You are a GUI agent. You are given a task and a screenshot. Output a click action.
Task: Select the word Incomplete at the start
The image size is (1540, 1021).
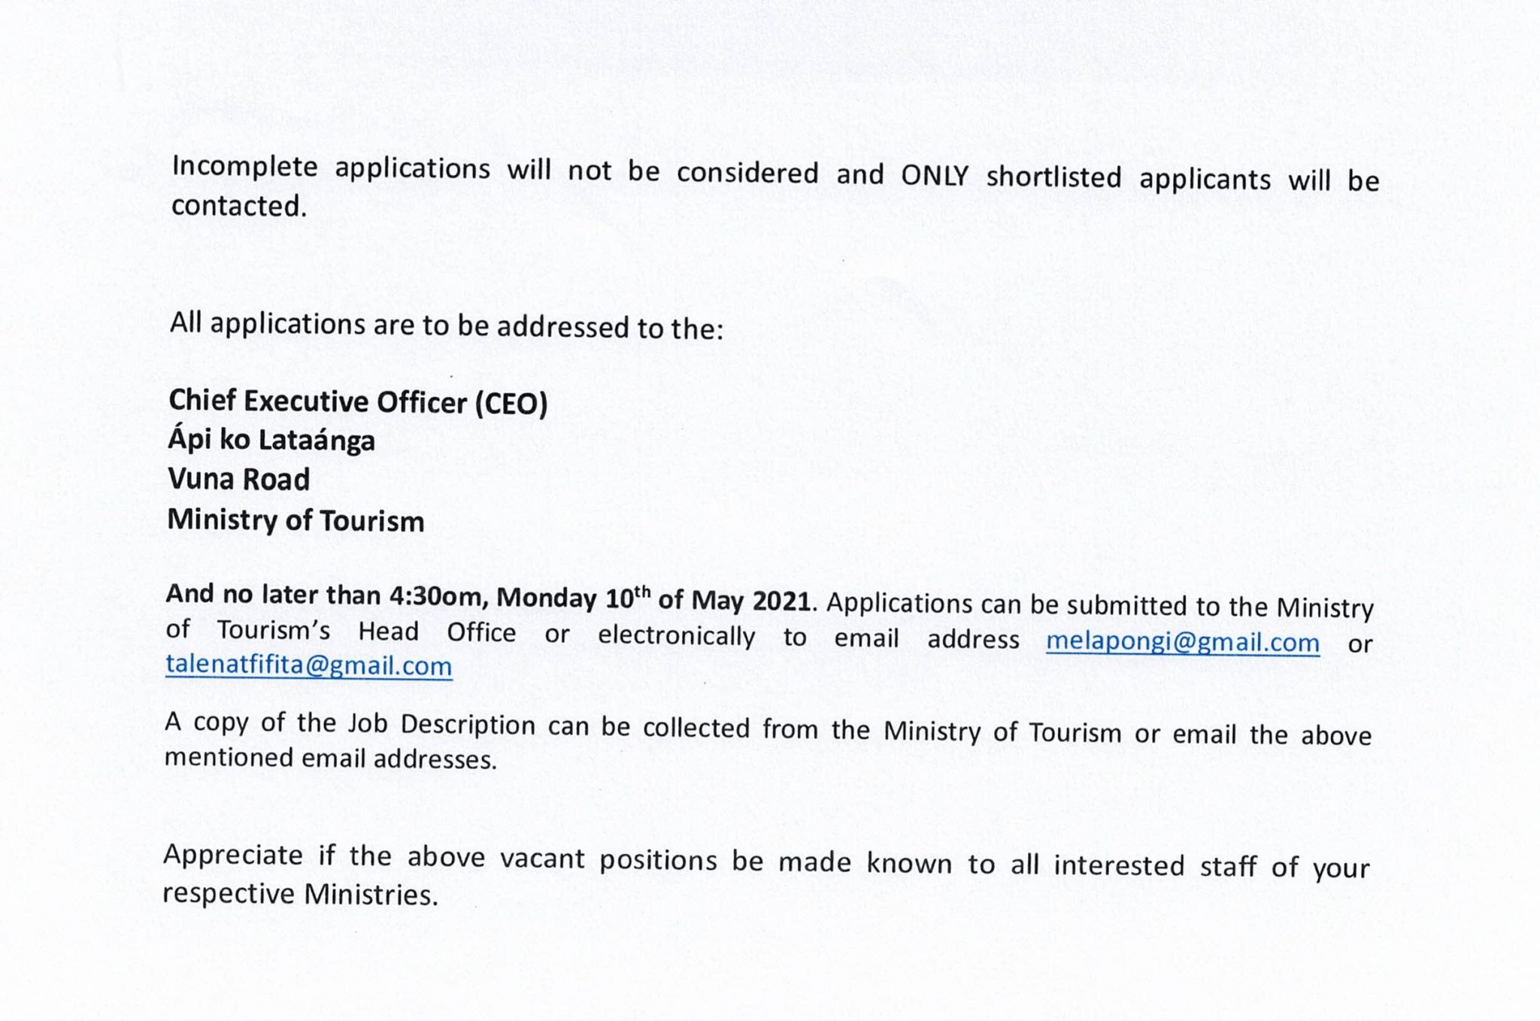pos(244,167)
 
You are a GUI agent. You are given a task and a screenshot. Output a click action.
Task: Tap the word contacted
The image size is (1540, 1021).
pos(239,206)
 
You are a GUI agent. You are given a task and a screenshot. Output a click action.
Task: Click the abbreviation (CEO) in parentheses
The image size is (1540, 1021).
pos(511,404)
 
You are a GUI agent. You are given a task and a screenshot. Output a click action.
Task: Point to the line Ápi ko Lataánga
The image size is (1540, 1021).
pos(271,440)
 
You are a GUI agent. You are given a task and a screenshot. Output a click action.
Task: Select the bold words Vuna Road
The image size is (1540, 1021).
pos(239,479)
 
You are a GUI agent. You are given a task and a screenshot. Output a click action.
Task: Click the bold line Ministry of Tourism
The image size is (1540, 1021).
pos(296,520)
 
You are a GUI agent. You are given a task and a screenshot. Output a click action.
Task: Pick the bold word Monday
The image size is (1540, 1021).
pos(547,598)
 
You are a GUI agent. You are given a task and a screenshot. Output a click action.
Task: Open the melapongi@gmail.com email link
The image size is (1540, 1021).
pos(1182,641)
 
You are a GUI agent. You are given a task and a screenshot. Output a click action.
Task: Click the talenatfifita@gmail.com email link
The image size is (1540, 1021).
pos(309,665)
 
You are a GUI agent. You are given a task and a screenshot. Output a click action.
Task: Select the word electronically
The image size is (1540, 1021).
pos(676,635)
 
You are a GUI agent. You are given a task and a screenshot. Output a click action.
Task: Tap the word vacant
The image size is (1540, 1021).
pos(542,859)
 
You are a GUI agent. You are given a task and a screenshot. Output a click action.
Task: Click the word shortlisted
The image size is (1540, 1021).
pos(1053,177)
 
